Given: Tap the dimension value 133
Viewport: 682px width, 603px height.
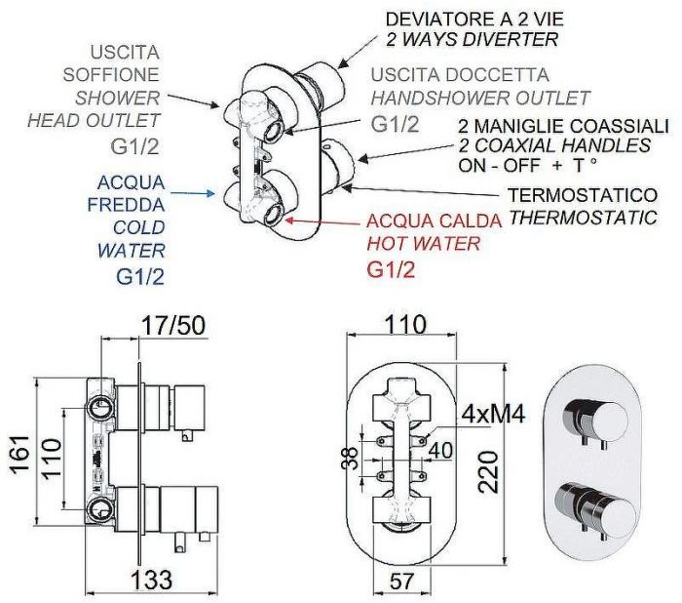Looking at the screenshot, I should [151, 578].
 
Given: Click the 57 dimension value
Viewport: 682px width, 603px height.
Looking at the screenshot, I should [399, 582].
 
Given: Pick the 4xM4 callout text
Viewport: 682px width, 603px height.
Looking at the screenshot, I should [493, 413].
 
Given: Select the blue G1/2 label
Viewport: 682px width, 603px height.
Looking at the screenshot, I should [140, 276].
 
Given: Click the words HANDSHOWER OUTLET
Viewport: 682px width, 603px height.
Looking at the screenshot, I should [480, 98].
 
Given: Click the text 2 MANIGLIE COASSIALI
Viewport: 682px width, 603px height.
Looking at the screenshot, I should [564, 127].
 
